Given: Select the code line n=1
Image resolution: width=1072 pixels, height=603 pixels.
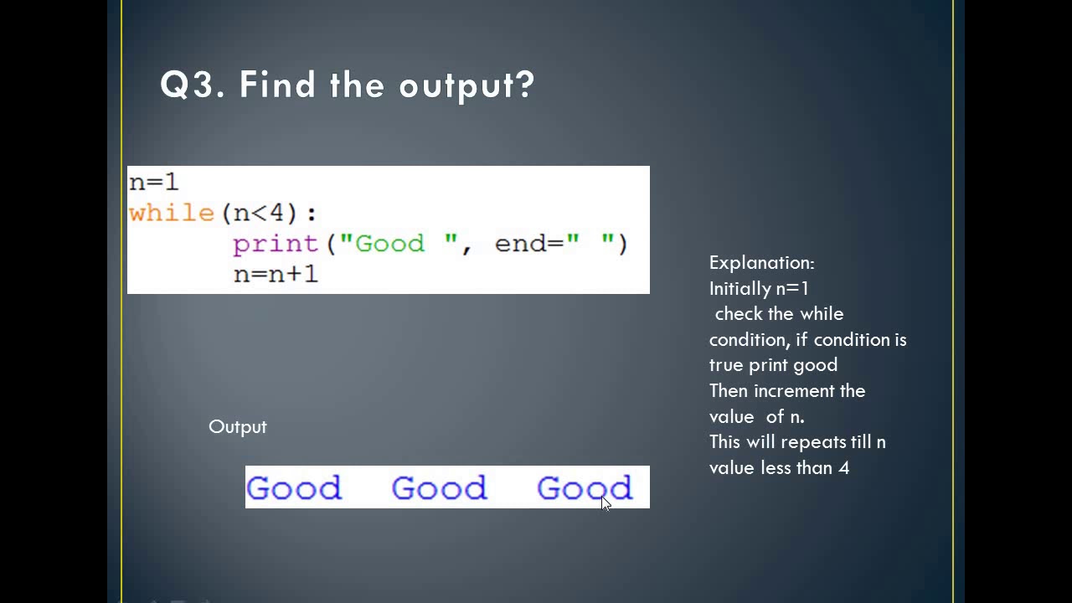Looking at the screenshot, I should tap(153, 182).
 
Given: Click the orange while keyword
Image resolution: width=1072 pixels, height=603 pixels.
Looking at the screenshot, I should tap(172, 213).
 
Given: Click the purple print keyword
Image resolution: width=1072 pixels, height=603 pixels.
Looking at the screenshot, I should tap(276, 244).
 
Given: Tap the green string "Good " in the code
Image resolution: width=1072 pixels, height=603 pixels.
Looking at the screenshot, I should tap(399, 244).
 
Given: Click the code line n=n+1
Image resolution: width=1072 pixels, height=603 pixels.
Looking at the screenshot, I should tap(276, 274).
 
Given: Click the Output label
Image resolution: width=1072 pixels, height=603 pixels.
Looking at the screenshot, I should tap(238, 427).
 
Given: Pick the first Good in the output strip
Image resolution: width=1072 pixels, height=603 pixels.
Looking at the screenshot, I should tap(294, 487).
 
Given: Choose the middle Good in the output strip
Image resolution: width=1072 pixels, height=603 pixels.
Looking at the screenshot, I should tap(439, 487).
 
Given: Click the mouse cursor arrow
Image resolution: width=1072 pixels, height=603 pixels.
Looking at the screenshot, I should tap(606, 502).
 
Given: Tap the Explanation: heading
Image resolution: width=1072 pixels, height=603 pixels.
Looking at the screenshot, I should tap(761, 263).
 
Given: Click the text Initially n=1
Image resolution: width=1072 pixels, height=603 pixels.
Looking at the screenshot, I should tap(759, 289).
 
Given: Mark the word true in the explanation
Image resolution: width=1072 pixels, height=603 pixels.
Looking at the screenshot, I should tap(726, 365).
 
